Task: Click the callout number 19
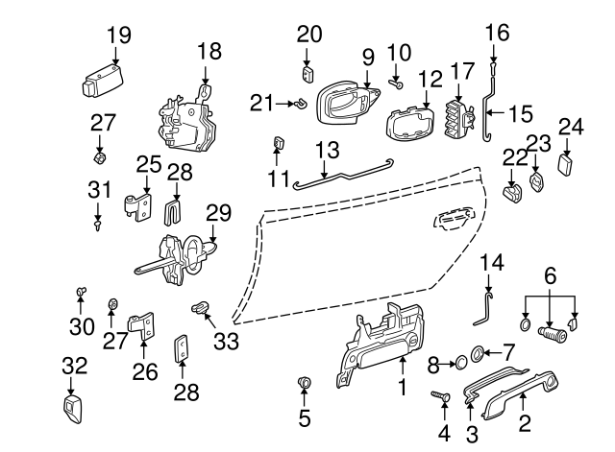118,36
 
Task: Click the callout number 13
328,150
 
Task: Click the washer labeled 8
459,362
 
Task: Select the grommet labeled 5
305,385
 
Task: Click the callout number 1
403,389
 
